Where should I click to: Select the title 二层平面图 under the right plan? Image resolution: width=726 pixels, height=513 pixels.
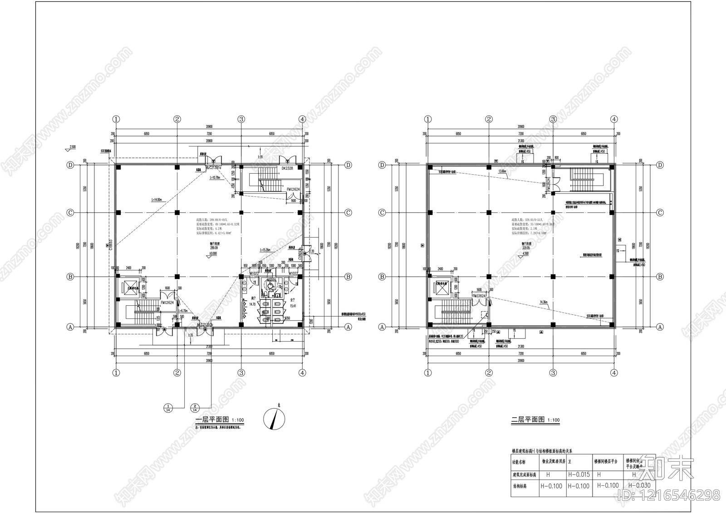coord(528,420)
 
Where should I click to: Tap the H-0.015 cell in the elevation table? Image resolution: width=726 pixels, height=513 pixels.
coord(579,474)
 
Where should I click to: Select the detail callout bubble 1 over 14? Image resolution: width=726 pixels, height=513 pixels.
coord(168,408)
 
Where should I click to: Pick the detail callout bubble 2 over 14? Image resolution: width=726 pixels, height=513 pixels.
coord(195,408)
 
